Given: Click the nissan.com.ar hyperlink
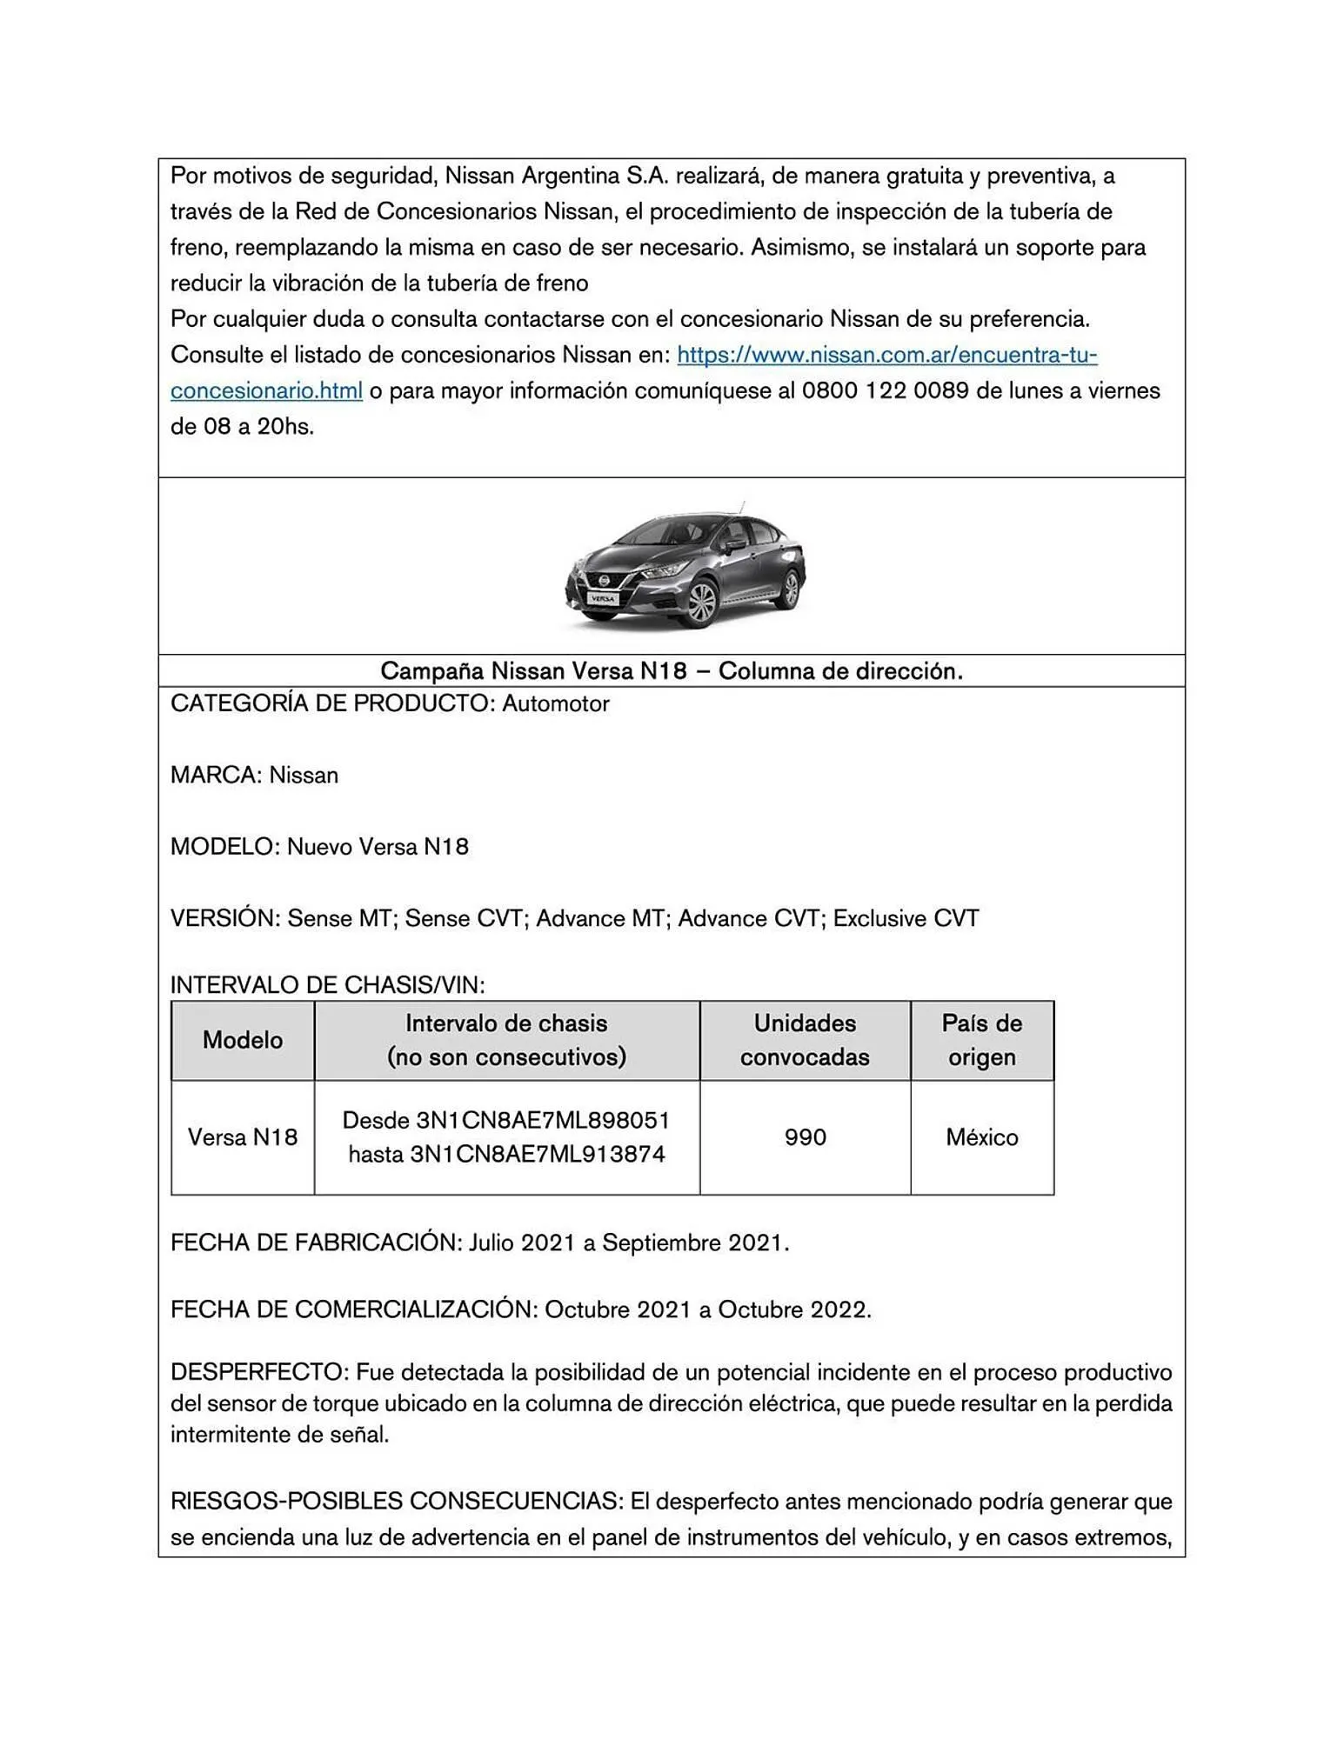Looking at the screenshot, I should pos(886,355).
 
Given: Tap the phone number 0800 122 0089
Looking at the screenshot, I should pos(885,391).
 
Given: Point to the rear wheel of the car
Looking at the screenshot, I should pos(789,589).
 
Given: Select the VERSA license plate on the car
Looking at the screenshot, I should pos(601,598).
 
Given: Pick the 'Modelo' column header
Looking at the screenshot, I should pos(243,1040).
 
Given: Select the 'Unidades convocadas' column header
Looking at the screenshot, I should pos(805,1040).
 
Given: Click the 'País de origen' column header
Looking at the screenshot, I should pos(981,1040).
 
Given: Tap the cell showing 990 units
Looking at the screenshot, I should pos(805,1137).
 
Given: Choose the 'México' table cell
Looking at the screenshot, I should pos(981,1137).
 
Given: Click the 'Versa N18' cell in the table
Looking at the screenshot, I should pos(243,1137).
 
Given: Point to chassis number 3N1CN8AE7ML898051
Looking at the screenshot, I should pos(543,1120).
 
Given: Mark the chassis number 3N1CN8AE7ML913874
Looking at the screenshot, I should pos(538,1155).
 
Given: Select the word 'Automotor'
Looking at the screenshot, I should pos(555,704).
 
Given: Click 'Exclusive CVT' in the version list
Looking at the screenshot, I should pos(906,919).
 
